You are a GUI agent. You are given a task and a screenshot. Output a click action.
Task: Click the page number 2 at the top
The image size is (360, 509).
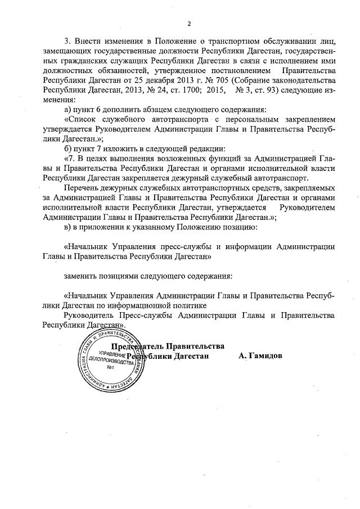coord(189,23)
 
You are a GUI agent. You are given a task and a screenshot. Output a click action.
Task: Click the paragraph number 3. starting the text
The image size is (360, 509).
coord(69,41)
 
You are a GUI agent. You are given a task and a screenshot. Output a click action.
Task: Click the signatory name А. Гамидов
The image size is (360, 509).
coord(260,356)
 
